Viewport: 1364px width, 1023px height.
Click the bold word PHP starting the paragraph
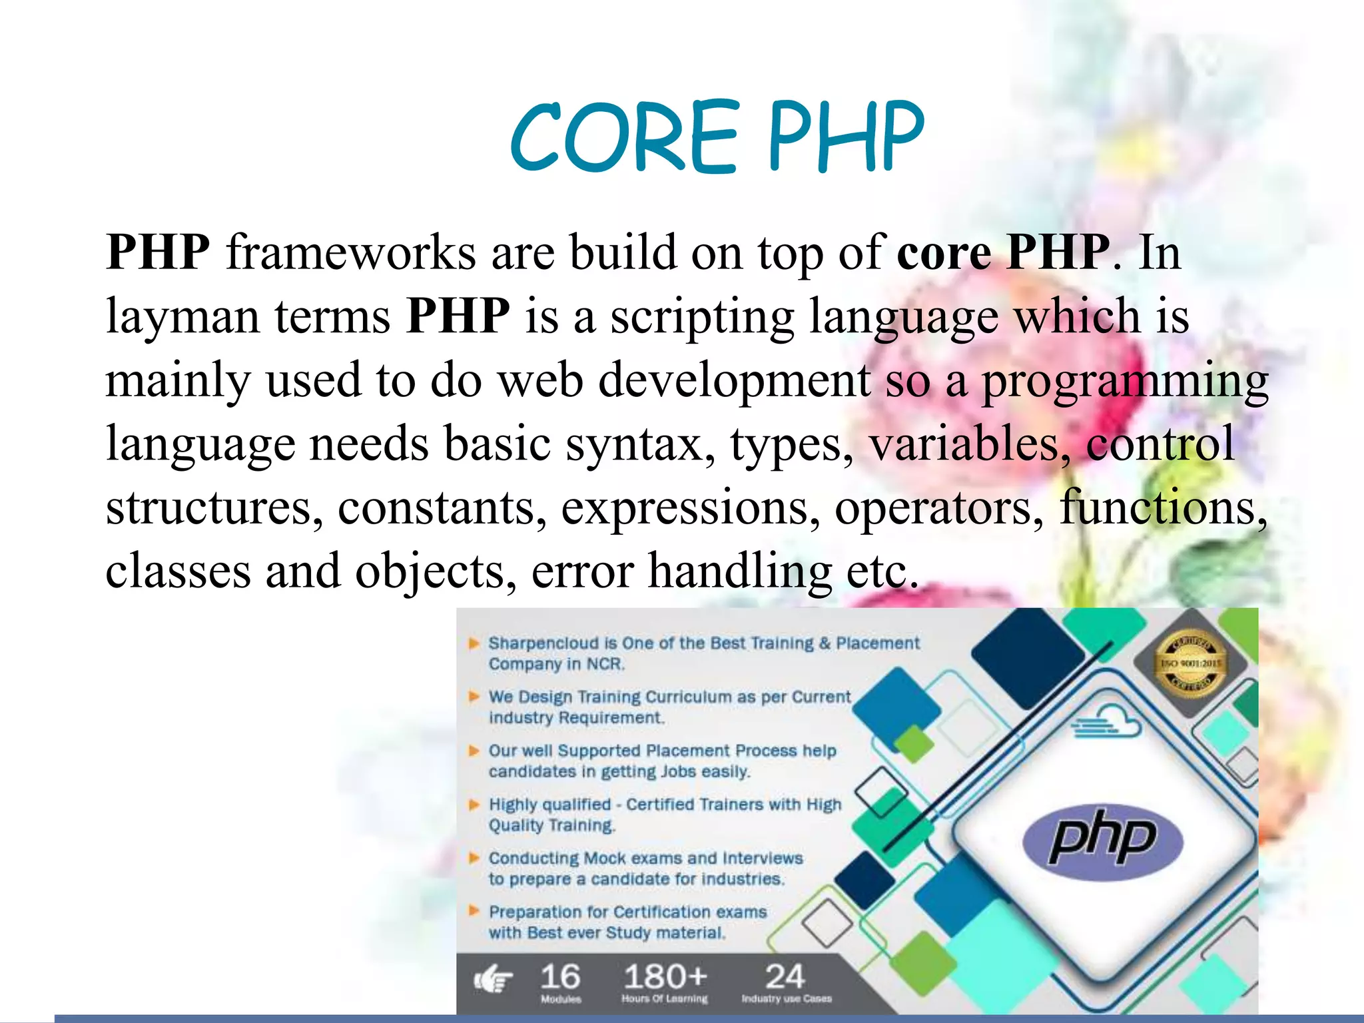[158, 253]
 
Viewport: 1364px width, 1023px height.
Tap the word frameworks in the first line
[351, 253]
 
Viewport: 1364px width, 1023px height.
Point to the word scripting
[702, 317]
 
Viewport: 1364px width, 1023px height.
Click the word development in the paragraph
[735, 380]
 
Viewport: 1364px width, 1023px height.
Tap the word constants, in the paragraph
[442, 508]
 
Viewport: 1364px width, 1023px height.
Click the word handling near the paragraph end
[740, 571]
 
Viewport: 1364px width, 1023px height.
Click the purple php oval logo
[1102, 839]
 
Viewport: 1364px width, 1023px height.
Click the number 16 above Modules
[559, 977]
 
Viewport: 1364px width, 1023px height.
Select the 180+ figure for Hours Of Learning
[665, 977]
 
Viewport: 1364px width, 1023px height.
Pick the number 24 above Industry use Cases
[785, 977]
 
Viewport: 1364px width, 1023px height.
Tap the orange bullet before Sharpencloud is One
[474, 643]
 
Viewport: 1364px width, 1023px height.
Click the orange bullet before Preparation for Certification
[474, 911]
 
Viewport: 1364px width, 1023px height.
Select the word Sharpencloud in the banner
[543, 643]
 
